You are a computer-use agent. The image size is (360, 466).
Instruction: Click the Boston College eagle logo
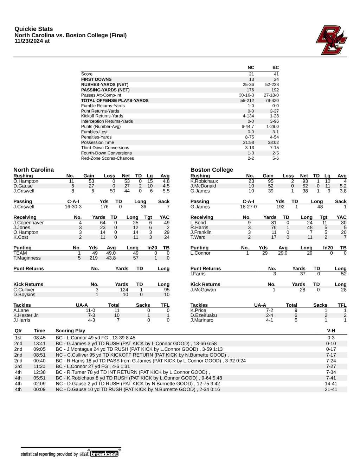pyautogui.click(x=331, y=40)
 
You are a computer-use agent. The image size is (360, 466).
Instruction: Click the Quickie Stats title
pyautogui.click(x=34, y=29)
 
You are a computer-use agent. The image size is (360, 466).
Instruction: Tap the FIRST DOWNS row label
pyautogui.click(x=96, y=79)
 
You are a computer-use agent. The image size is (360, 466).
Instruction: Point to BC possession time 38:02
pyautogui.click(x=273, y=142)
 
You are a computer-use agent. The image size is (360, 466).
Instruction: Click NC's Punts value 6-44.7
pyautogui.click(x=247, y=127)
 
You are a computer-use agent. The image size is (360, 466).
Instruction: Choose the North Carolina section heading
pyautogui.click(x=34, y=170)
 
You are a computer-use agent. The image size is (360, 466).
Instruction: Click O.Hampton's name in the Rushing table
pyautogui.click(x=26, y=181)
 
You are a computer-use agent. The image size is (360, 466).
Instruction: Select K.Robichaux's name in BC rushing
pyautogui.click(x=204, y=181)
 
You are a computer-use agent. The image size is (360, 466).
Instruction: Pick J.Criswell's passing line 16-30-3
pyautogui.click(x=73, y=207)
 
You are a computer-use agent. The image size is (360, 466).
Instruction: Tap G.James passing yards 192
pyautogui.click(x=280, y=207)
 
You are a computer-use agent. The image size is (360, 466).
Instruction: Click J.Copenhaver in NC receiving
pyautogui.click(x=28, y=223)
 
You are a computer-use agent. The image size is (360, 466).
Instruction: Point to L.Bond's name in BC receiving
pyautogui.click(x=198, y=223)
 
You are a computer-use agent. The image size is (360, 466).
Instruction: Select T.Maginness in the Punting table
pyautogui.click(x=27, y=258)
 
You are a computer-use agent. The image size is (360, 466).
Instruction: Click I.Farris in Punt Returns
pyautogui.click(x=198, y=274)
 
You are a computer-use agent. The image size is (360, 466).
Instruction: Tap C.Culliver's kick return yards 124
pyautogui.click(x=124, y=290)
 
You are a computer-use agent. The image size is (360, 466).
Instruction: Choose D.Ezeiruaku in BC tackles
pyautogui.click(x=204, y=315)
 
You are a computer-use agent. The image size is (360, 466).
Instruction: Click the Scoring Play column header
pyautogui.click(x=70, y=331)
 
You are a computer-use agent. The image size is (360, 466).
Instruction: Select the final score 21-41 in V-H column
pyautogui.click(x=331, y=389)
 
